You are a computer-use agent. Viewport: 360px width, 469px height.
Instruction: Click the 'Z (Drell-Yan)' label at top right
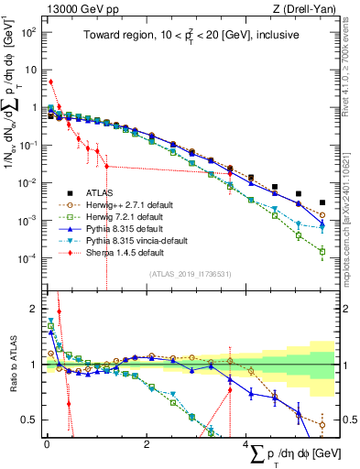pos(306,8)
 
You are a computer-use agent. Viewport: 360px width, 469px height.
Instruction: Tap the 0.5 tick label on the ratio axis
pos(28,420)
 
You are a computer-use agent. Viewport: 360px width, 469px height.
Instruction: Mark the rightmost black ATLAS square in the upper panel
pos(322,202)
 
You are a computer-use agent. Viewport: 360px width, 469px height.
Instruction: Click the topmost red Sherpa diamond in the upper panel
pos(50,82)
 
